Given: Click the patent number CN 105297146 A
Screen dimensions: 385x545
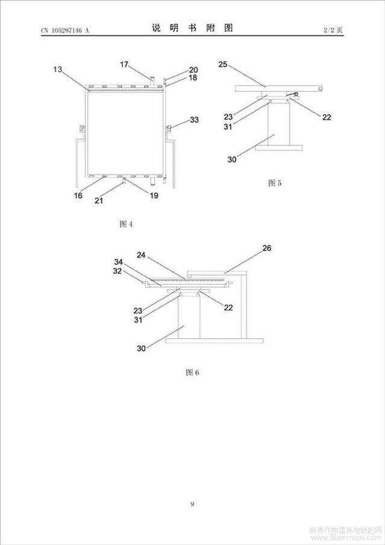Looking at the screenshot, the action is (65, 30).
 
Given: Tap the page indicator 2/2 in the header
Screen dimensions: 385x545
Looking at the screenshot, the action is (329, 30).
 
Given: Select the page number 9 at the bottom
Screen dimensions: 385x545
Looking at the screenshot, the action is (192, 504).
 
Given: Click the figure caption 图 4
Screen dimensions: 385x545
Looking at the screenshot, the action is (126, 224).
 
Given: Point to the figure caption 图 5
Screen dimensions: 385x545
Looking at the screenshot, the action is (275, 183).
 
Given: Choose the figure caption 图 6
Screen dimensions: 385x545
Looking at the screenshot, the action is (192, 372).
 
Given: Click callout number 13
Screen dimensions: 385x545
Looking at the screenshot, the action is (57, 69).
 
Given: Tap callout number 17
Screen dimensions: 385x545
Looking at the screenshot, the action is (124, 64).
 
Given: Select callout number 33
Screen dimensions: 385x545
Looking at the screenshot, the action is (194, 120).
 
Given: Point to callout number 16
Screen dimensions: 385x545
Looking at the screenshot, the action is (78, 196).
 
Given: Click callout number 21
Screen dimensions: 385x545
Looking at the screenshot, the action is (99, 201).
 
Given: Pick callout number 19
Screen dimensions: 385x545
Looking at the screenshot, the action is (154, 196).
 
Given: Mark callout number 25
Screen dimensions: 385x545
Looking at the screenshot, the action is (223, 64).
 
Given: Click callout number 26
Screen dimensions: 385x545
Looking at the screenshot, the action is (267, 248).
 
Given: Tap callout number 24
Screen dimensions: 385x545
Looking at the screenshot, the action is (141, 255).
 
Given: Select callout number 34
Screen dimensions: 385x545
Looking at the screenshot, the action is (119, 262).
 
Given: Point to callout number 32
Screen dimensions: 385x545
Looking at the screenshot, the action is (117, 271).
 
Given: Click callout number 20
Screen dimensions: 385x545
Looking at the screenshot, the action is (193, 70).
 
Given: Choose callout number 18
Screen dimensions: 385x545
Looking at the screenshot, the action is (193, 78).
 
